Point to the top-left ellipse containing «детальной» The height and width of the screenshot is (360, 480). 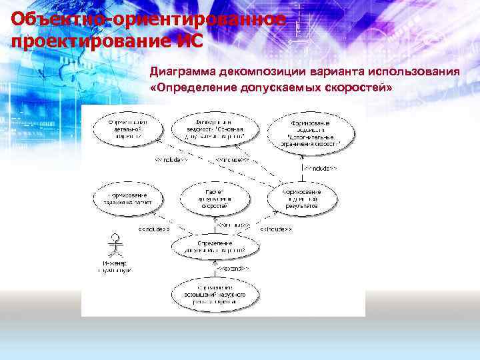127,128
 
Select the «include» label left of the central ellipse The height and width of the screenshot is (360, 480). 153,229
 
